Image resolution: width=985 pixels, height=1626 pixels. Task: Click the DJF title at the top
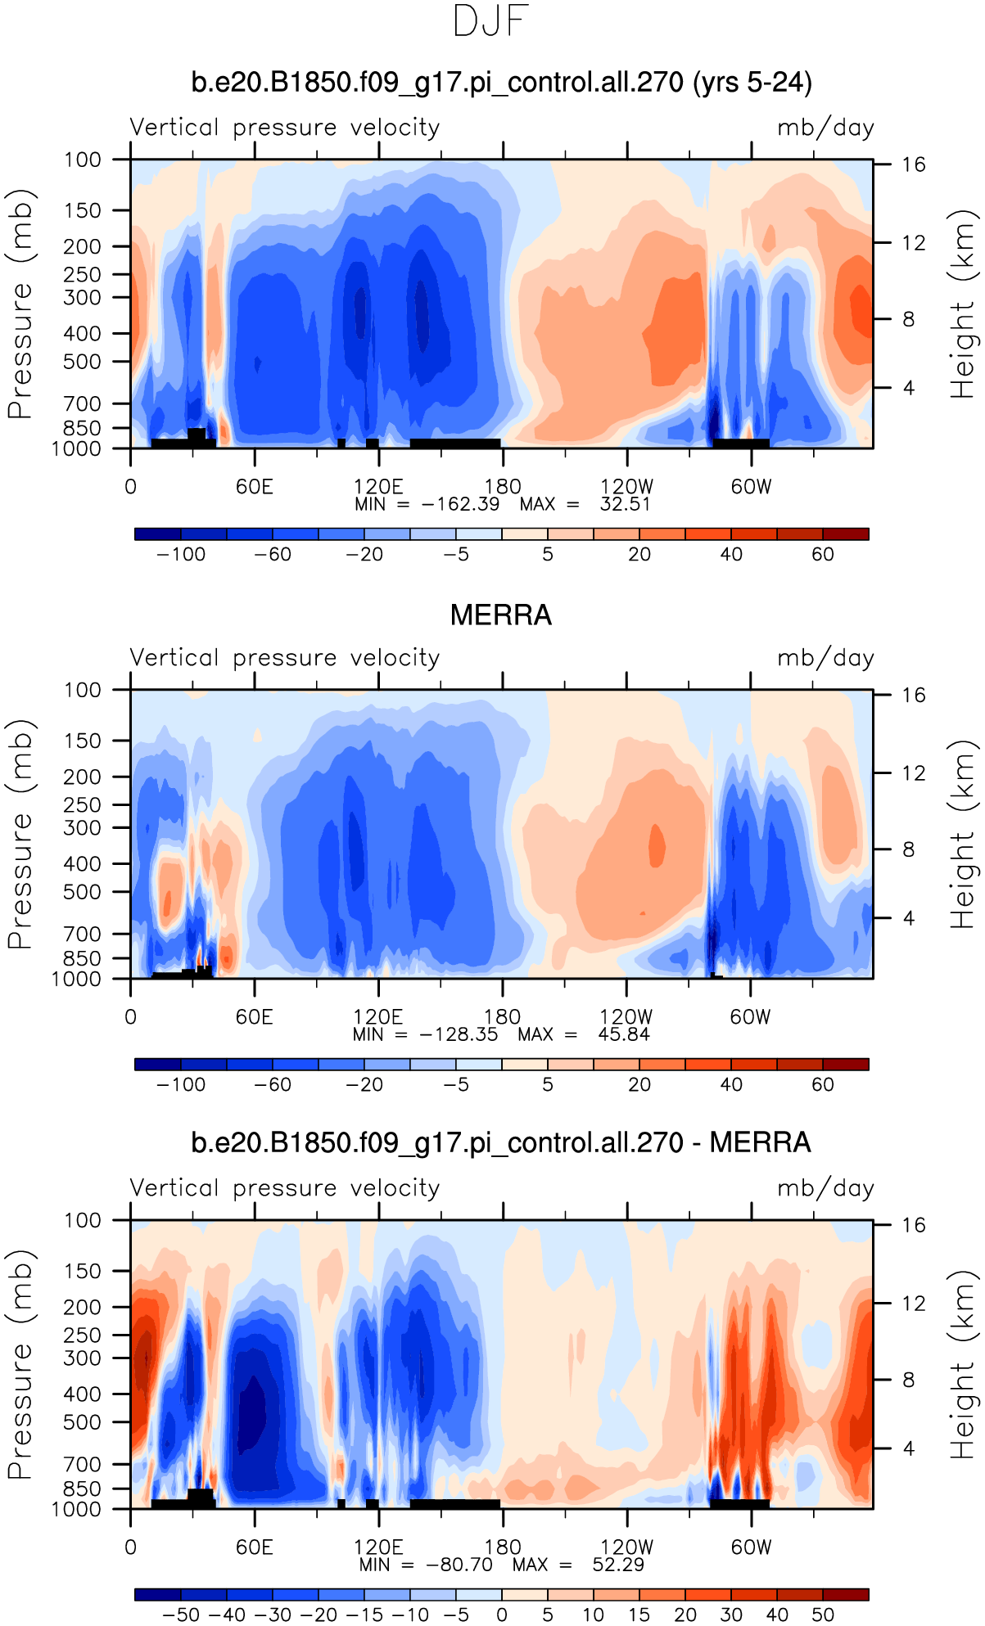491,21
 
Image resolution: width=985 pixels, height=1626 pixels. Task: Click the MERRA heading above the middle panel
501,615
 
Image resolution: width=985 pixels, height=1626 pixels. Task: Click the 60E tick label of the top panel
254,487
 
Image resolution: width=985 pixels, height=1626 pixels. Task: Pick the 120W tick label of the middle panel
626,1017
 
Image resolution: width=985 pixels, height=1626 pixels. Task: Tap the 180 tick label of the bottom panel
502,1547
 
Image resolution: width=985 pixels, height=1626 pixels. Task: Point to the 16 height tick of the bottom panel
914,1225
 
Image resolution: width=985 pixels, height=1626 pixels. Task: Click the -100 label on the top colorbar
181,554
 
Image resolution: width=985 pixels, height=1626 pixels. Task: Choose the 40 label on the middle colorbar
731,1084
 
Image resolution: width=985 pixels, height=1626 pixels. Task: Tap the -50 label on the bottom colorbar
181,1615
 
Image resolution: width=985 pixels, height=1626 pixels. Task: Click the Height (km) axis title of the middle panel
963,833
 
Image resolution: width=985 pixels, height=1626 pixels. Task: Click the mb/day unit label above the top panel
825,128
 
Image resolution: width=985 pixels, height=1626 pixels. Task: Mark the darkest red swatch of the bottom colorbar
846,1594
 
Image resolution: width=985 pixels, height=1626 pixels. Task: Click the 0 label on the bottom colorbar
502,1615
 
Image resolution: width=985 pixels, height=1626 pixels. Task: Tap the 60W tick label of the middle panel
751,1017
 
